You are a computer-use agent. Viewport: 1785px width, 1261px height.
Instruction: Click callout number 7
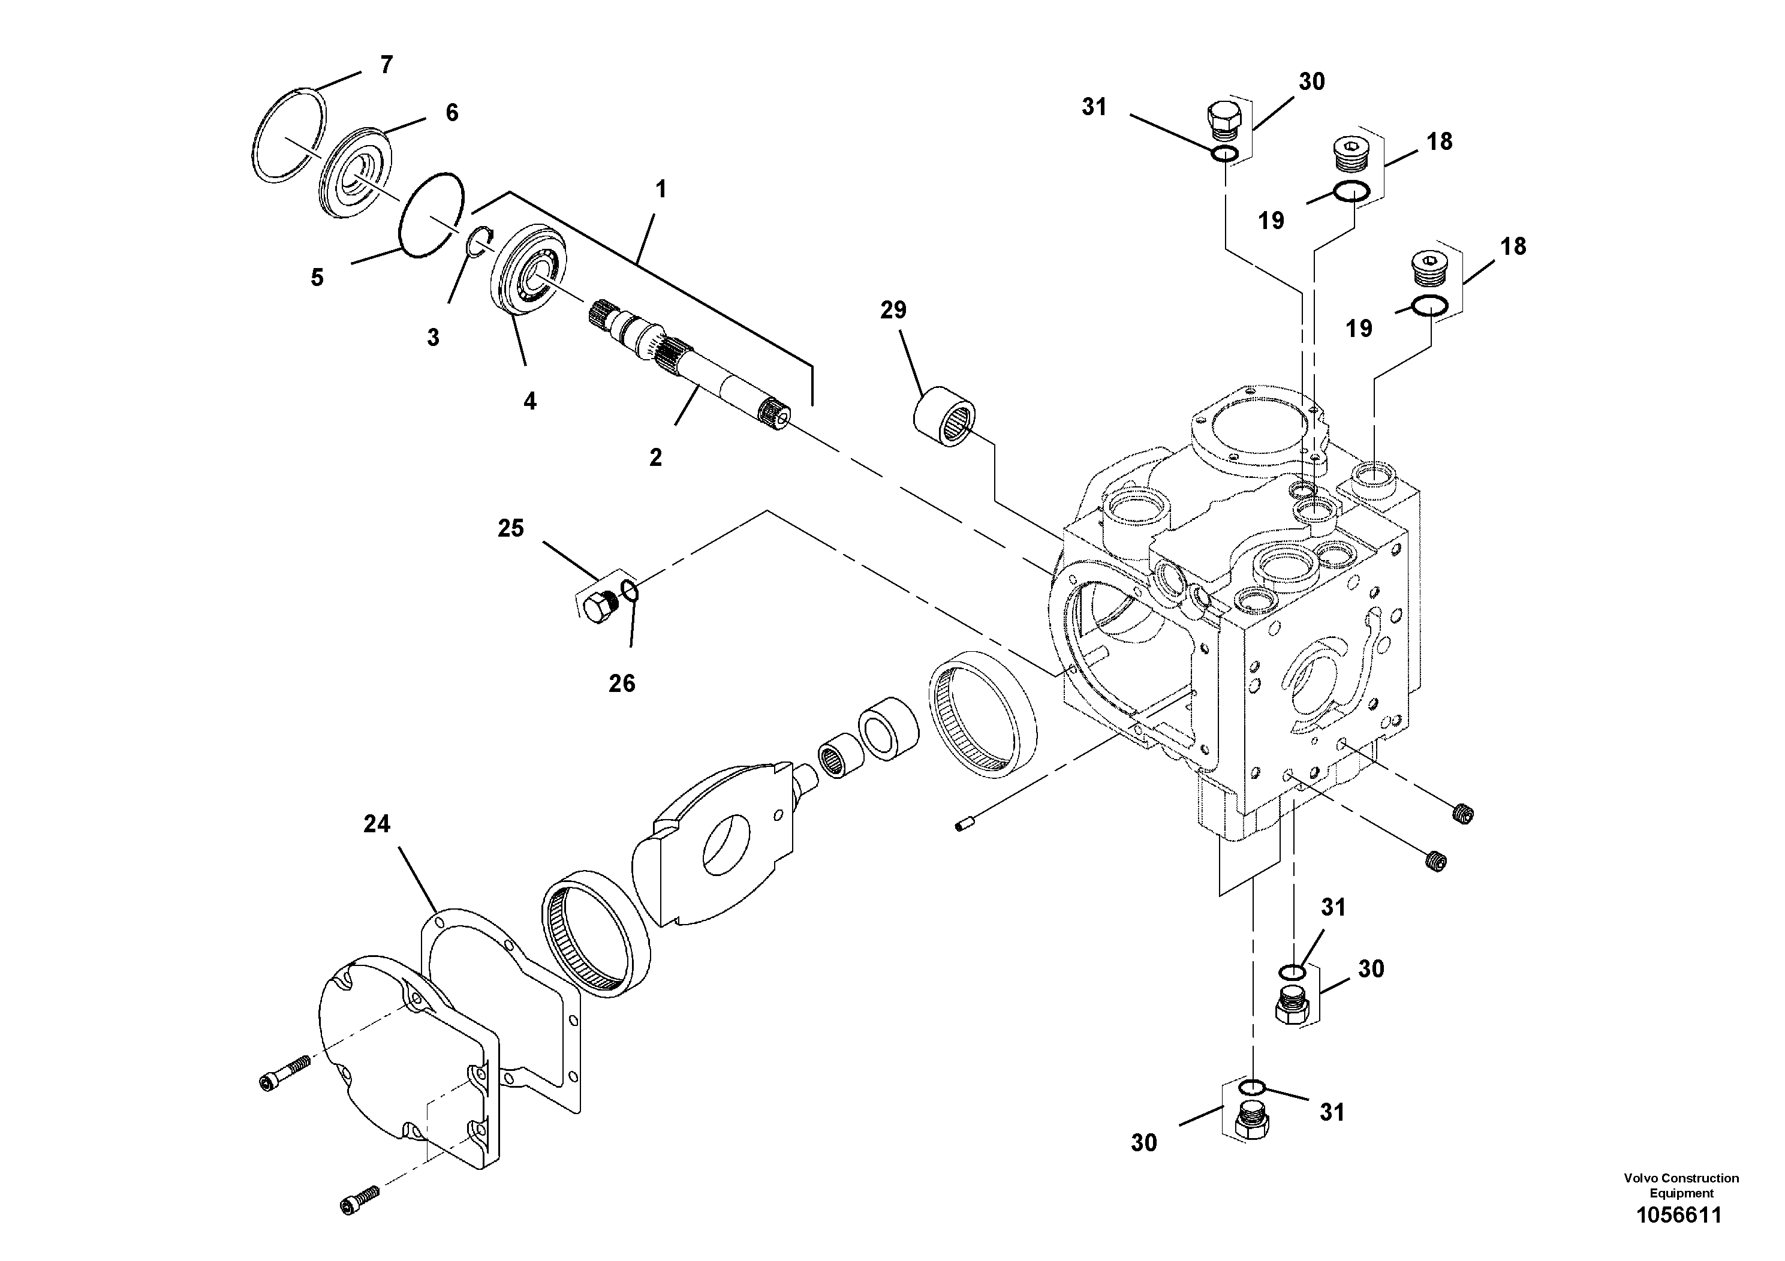(386, 65)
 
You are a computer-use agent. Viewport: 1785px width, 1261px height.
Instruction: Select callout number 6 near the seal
(451, 113)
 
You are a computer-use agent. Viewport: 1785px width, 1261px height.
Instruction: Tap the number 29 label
(893, 310)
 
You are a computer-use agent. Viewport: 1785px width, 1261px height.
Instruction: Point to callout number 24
(377, 823)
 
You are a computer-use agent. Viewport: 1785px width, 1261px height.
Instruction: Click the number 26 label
(622, 684)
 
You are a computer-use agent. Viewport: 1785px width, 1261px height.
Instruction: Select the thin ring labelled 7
(288, 137)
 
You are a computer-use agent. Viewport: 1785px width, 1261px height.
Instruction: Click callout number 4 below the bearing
(529, 401)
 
